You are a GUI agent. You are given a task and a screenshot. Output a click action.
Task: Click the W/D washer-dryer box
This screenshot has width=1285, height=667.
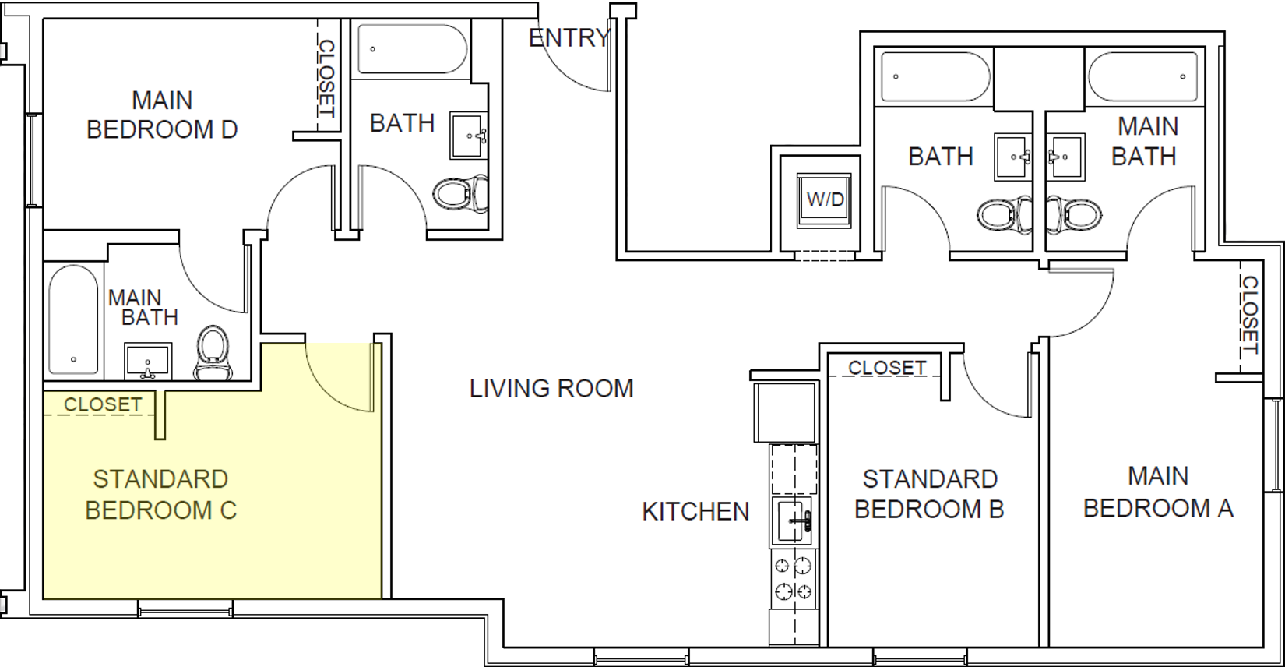(825, 199)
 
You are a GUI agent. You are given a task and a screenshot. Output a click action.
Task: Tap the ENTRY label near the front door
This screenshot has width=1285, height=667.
(568, 37)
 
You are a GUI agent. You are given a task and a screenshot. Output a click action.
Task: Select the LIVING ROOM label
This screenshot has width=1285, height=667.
(551, 388)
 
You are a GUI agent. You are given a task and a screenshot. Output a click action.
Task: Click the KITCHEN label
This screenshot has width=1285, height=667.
(695, 511)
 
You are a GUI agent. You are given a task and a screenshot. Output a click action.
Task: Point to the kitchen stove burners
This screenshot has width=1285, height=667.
(794, 578)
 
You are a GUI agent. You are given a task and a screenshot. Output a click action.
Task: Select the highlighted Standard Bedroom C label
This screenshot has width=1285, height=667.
(160, 494)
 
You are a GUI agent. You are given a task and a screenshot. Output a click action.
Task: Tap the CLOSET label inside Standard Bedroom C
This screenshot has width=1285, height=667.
(103, 404)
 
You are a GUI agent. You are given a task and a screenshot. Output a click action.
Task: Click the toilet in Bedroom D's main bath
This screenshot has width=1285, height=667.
(212, 352)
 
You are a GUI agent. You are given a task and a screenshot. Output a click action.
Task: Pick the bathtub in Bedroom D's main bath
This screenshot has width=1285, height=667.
(73, 319)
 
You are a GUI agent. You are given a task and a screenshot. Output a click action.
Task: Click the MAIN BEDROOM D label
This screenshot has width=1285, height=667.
(162, 115)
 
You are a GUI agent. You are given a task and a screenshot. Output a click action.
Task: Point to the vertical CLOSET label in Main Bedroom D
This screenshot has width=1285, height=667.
(326, 78)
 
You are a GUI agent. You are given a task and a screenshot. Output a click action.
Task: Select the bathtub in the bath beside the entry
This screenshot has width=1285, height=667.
(411, 49)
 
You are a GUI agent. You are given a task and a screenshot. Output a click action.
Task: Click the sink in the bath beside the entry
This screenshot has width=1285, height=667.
(468, 136)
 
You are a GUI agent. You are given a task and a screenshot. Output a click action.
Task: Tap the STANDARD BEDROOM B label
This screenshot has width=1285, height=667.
(929, 494)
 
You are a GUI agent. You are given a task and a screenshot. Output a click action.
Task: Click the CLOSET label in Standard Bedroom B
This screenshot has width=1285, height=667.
(887, 367)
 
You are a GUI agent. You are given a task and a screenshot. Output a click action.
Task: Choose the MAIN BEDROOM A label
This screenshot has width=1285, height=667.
(1158, 492)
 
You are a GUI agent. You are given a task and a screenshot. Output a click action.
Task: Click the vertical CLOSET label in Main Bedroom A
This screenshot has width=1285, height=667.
(1249, 314)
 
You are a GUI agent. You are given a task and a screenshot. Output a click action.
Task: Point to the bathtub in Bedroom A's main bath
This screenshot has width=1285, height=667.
(1142, 76)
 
